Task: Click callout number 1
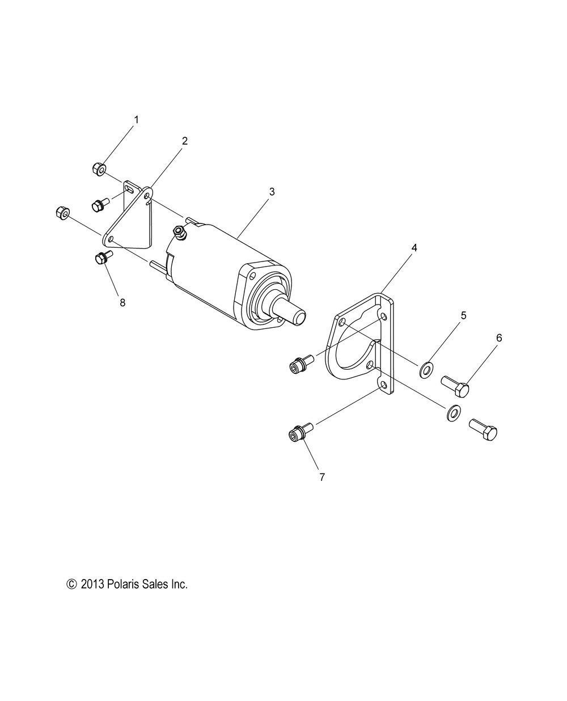(x=136, y=120)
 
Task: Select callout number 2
(x=184, y=141)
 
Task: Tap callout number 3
(x=272, y=192)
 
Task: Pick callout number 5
(x=463, y=316)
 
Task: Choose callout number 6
(x=499, y=337)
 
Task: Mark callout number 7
(x=322, y=477)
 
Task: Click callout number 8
(x=122, y=302)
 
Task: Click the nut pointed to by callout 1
(x=99, y=168)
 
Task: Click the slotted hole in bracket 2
(x=132, y=191)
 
